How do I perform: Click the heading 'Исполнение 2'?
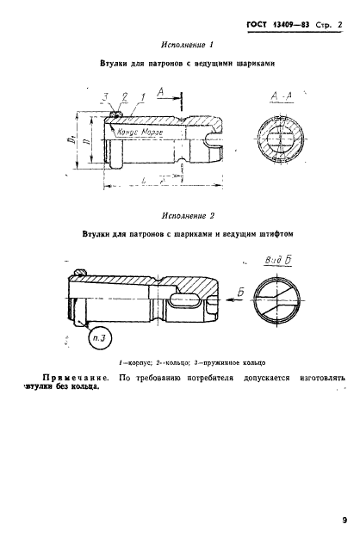(188, 216)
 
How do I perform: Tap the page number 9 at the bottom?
(343, 519)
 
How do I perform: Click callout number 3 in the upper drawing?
(102, 96)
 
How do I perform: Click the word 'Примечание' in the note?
(75, 376)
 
